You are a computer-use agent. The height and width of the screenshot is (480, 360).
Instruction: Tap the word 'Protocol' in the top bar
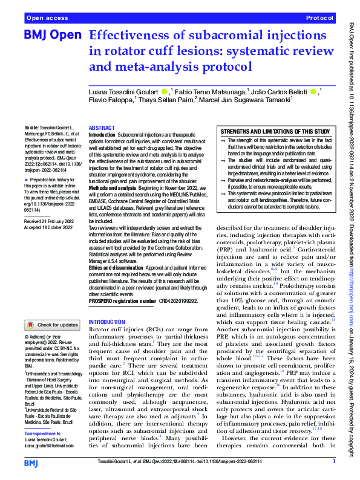point(320,19)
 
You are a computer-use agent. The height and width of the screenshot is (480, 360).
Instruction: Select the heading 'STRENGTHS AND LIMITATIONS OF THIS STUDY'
point(275,131)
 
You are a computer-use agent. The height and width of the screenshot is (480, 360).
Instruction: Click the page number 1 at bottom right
point(333,461)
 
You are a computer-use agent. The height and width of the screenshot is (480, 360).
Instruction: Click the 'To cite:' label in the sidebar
point(31,129)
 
